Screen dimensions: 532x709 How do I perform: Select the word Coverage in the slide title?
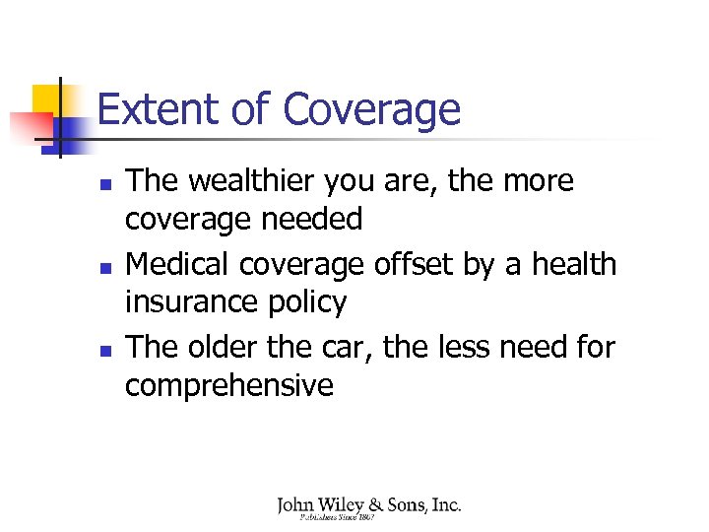pos(371,109)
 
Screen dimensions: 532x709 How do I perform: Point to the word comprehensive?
pos(228,385)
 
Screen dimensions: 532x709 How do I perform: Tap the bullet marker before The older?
pos(105,351)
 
